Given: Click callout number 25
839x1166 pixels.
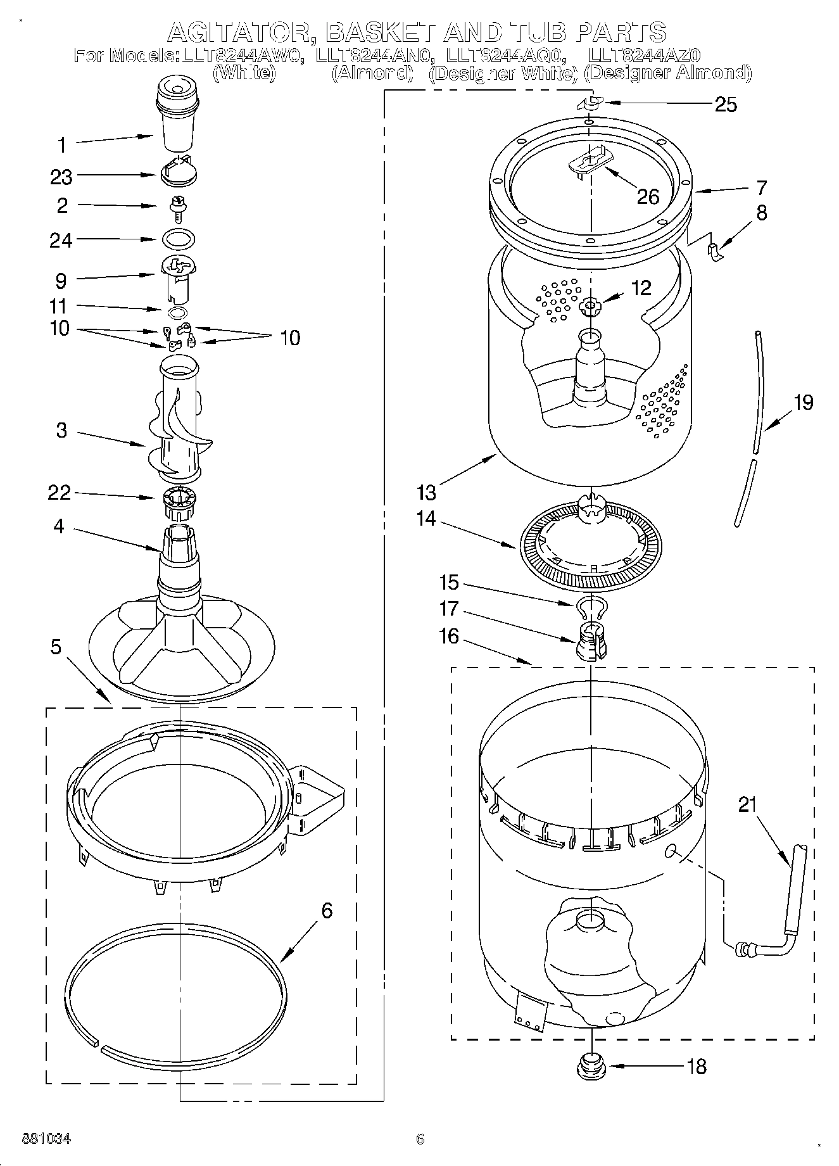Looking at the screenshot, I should [x=726, y=105].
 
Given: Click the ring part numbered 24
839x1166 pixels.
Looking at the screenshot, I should [x=179, y=239].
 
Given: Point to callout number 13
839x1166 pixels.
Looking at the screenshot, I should [x=427, y=491].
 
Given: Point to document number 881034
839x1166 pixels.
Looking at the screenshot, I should [x=46, y=1139].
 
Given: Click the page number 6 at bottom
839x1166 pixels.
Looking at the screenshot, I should [x=419, y=1139].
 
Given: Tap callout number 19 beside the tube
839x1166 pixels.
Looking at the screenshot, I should [x=804, y=402].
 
